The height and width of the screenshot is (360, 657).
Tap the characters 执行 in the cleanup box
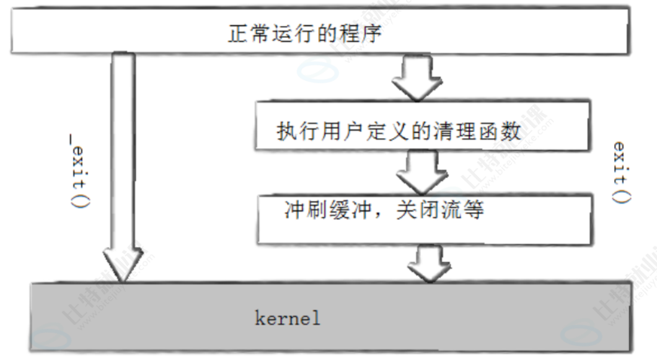point(294,132)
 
